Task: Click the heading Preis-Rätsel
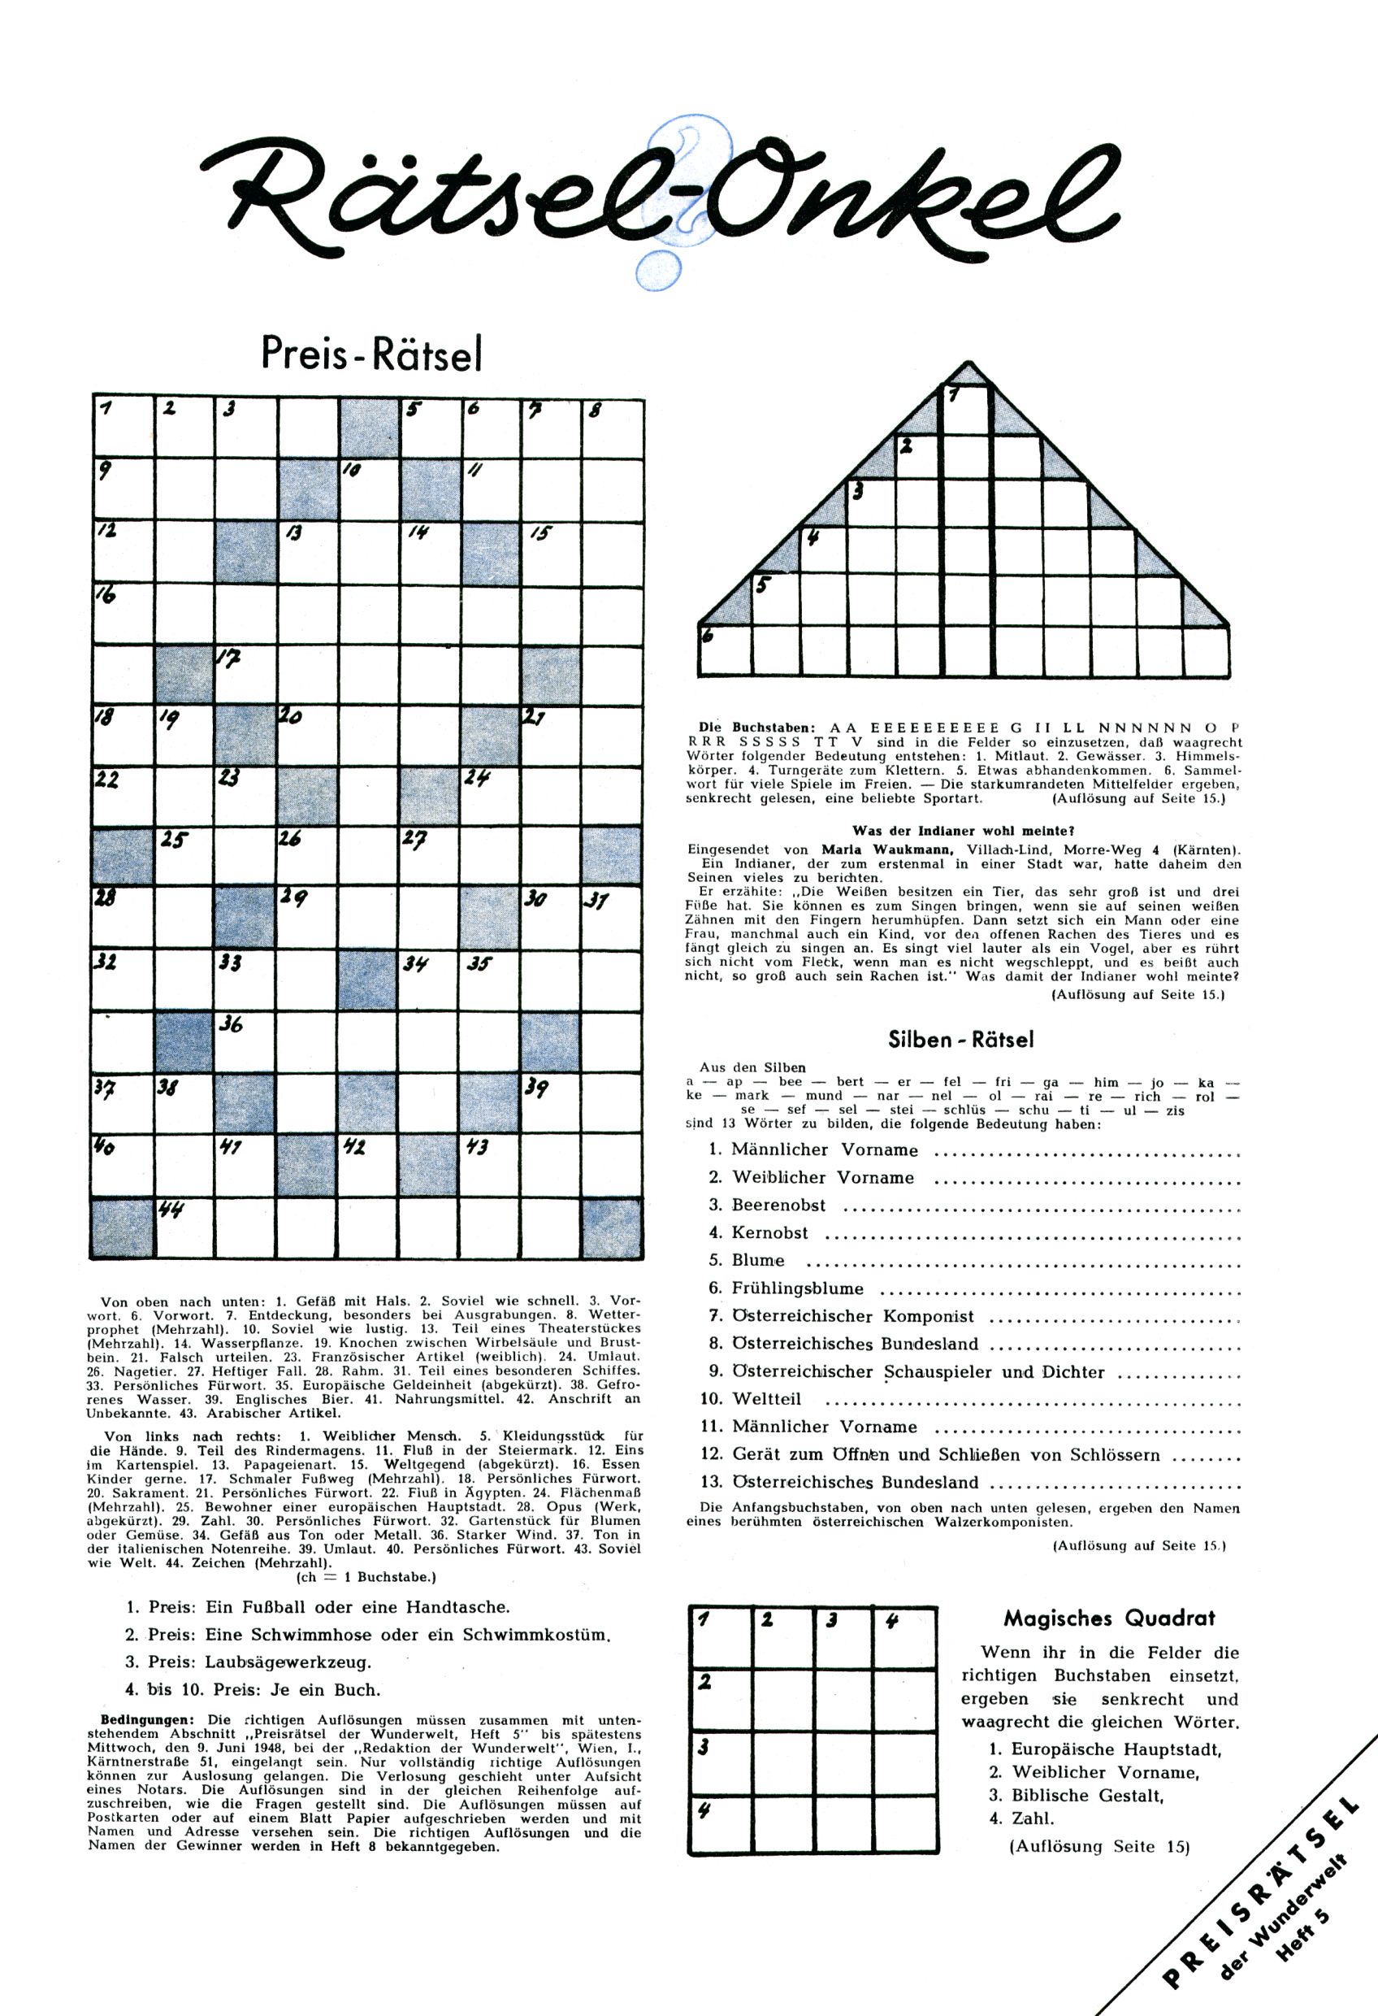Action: tap(371, 354)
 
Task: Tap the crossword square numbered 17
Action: tap(245, 675)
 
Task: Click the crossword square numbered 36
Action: tap(245, 1044)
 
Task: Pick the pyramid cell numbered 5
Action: tap(774, 597)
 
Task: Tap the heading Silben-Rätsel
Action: tap(961, 1039)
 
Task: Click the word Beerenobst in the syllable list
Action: tap(778, 1205)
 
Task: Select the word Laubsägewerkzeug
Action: tap(288, 1662)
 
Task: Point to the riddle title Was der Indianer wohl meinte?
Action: tap(964, 830)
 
